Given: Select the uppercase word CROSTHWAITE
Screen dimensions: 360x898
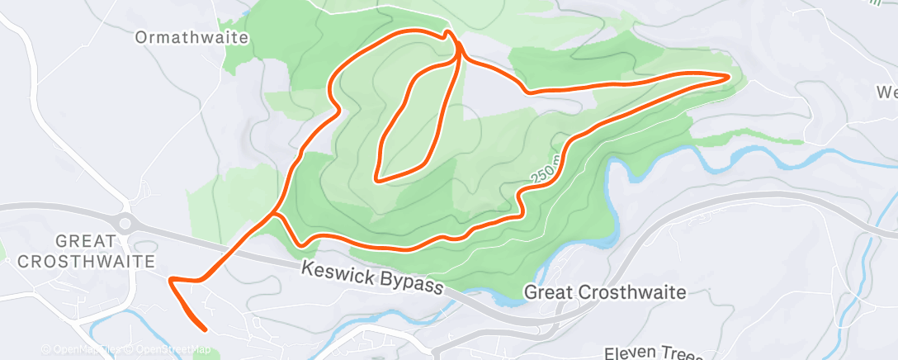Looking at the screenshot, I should (x=87, y=261).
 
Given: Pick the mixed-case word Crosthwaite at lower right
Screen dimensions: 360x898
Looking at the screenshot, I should (x=634, y=293).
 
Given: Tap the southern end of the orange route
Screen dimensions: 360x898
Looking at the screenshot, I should (x=205, y=330).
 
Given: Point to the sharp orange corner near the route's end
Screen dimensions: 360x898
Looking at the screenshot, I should (x=171, y=282).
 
